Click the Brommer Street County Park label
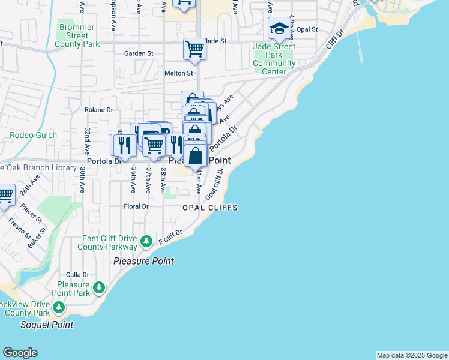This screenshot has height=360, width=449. point(77,35)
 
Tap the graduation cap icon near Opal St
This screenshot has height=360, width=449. point(279,28)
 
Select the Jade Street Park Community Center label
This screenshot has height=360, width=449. point(274,59)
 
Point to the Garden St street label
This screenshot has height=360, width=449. point(139,53)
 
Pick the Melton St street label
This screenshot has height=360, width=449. point(178,73)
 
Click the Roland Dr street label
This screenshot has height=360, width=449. point(99,110)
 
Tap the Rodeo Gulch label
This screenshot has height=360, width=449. point(34,135)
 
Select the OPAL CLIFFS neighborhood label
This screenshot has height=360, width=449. point(210,208)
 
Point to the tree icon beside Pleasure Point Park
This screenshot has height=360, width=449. point(100,289)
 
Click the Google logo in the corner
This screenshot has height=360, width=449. point(20,353)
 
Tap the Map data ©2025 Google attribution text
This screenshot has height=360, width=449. point(412,355)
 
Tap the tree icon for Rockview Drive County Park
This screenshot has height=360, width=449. point(59,308)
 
